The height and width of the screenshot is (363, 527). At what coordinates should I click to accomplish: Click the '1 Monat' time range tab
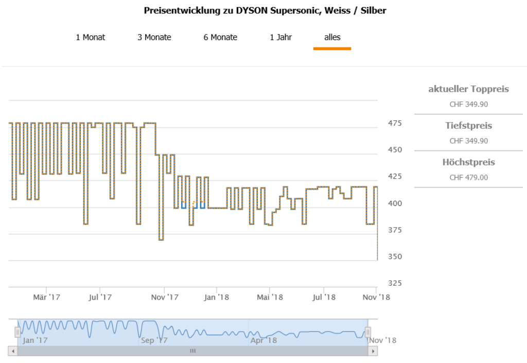pos(91,37)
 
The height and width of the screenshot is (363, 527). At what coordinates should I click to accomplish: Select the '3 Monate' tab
pos(154,37)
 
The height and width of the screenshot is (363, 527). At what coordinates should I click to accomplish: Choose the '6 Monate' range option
pos(220,37)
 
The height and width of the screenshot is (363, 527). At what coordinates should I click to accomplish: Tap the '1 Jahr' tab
pos(281,37)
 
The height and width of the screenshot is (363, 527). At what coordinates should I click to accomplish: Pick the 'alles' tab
pos(332,37)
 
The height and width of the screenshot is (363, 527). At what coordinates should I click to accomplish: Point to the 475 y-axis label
pos(395,124)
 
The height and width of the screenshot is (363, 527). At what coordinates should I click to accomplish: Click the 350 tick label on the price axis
pos(395,256)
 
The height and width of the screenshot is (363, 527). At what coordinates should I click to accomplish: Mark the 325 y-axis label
pos(395,283)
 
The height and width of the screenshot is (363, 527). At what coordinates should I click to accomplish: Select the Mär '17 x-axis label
pos(47,297)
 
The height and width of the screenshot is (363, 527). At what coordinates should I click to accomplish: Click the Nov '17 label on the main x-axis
pos(165,297)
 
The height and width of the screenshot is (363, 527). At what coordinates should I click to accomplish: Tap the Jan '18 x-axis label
pos(217,297)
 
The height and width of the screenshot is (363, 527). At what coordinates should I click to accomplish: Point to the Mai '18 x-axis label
pos(270,297)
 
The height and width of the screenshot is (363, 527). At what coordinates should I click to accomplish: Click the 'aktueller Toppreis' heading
pos(468,89)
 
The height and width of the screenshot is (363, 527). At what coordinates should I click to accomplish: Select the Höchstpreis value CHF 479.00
pos(468,178)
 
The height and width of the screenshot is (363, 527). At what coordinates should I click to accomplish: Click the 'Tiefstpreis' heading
pos(468,126)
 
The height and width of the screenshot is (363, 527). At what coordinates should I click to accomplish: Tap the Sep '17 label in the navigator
pos(154,340)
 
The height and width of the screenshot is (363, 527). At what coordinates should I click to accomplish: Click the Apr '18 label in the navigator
pos(263,340)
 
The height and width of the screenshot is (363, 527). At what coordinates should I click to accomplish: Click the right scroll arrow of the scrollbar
pos(374,351)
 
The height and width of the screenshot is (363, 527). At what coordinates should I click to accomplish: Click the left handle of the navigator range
pos(18,332)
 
